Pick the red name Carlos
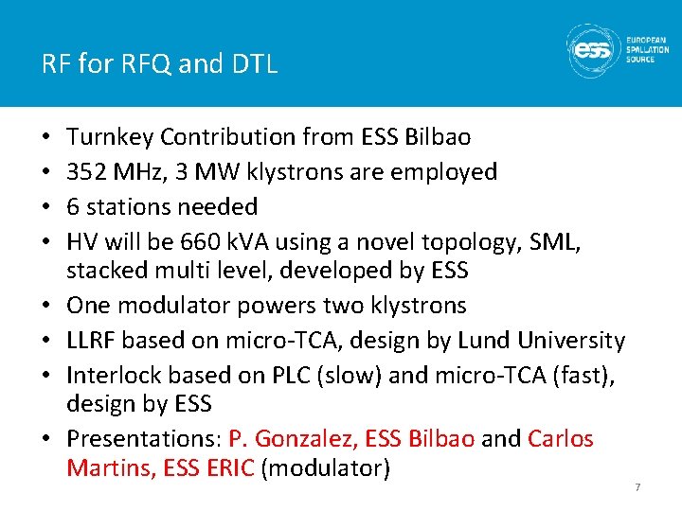[x=560, y=439]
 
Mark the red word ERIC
[x=227, y=467]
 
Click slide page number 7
[x=637, y=486]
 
